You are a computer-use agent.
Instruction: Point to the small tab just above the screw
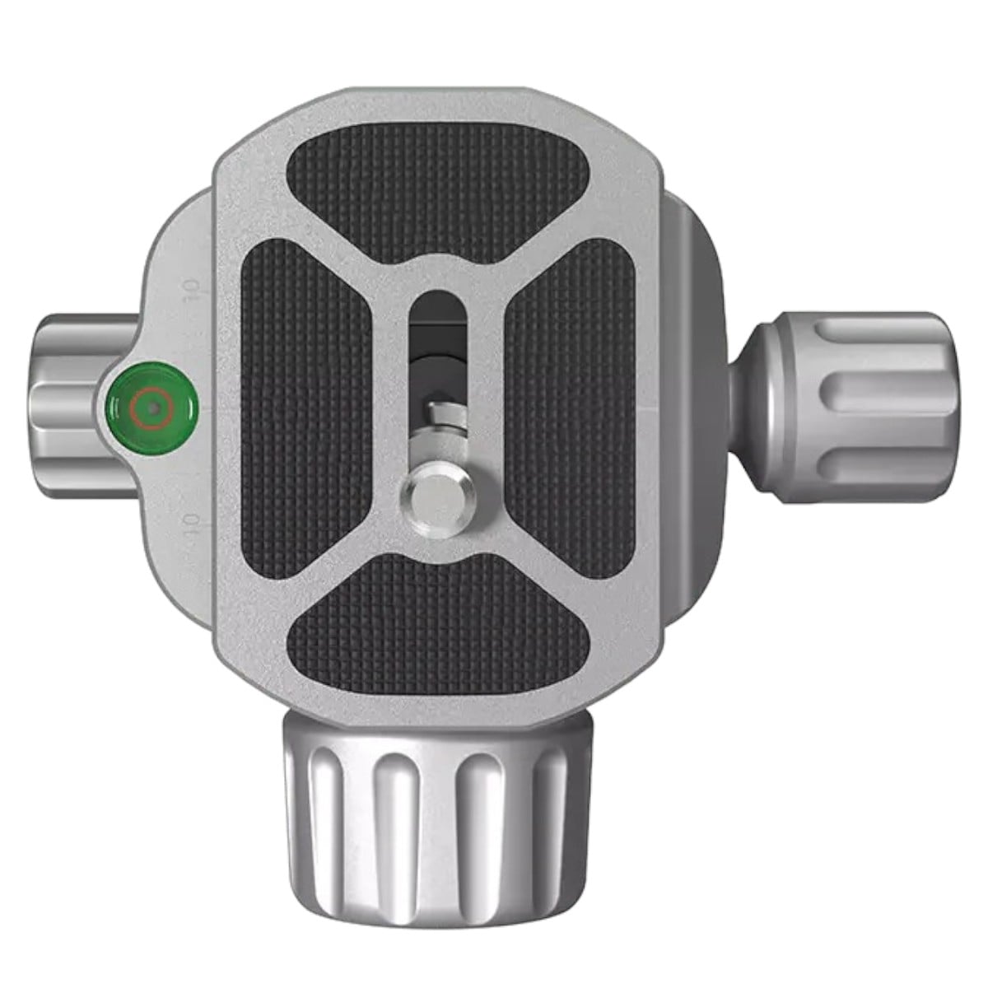pyautogui.click(x=438, y=409)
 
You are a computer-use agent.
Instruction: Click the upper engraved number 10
pyautogui.click(x=191, y=293)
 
